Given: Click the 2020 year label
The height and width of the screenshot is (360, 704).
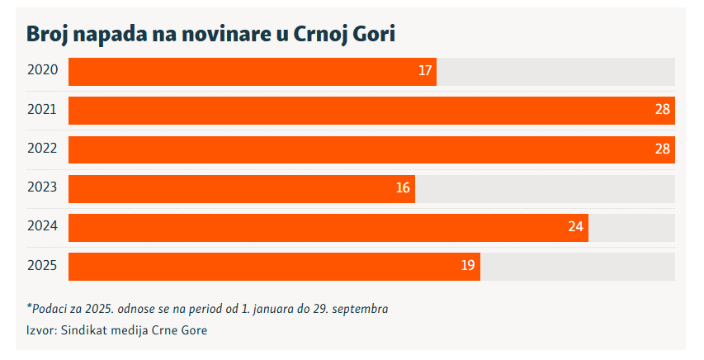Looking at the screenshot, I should click(42, 71).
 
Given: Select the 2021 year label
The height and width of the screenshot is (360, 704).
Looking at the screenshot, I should click(42, 110).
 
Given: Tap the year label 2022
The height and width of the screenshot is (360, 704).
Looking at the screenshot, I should click(42, 149).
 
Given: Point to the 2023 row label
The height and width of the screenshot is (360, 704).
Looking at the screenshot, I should click(42, 187).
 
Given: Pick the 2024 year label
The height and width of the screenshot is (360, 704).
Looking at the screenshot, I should click(42, 226).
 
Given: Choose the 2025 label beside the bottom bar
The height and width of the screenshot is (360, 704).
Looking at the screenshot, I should click(42, 265).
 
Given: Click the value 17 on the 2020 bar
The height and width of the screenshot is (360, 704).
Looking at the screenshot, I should click(425, 72).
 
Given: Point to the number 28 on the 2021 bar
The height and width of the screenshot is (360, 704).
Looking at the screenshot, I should click(662, 110).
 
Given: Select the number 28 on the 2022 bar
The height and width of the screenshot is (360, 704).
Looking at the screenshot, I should click(662, 149).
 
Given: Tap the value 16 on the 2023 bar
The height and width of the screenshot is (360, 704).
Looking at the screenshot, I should click(403, 188).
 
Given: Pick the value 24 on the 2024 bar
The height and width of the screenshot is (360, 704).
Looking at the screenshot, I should click(576, 227).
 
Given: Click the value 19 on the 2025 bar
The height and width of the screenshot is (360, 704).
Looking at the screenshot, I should click(468, 266).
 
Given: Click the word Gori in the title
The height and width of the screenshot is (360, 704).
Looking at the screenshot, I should click(372, 34).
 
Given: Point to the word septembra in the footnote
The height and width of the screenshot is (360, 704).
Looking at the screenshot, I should click(358, 309).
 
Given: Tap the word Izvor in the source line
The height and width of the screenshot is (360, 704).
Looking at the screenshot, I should click(40, 330).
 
